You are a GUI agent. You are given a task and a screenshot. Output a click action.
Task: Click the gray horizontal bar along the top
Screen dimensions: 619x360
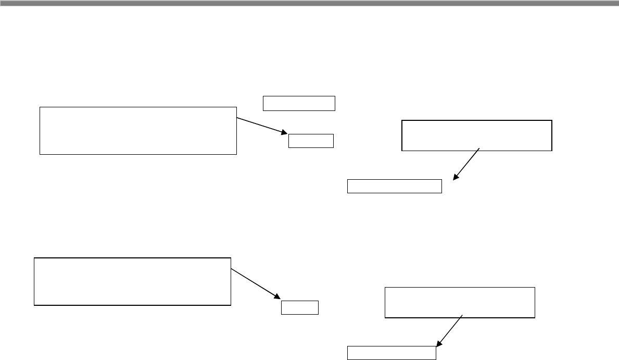pos(309,3)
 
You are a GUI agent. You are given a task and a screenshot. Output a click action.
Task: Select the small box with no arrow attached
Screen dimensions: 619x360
pos(298,103)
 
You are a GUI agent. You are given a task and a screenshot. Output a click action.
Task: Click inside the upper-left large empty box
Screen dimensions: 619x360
pos(138,130)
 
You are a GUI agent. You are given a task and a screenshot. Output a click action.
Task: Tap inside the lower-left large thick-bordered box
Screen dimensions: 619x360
pos(132,281)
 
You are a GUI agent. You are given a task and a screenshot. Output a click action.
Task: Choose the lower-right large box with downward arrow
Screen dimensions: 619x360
pos(459,302)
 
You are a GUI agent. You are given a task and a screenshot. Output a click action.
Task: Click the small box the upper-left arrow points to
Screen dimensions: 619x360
pos(311,141)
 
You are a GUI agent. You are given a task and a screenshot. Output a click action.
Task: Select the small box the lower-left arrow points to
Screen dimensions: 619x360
pos(300,307)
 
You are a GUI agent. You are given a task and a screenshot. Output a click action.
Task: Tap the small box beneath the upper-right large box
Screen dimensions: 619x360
pos(394,186)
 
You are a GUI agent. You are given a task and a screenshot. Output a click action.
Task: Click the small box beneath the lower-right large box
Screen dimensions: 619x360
pos(391,353)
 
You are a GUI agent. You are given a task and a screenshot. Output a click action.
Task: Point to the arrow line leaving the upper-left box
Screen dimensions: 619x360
pos(260,126)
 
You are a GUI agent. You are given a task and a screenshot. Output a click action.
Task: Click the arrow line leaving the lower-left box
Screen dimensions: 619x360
pos(252,282)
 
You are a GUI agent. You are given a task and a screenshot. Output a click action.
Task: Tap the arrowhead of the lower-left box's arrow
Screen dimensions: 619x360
pos(277,297)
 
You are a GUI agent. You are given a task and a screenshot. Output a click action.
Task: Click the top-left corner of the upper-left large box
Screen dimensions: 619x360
pos(40,107)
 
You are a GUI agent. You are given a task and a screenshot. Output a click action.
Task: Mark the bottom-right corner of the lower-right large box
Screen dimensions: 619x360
pos(535,317)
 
